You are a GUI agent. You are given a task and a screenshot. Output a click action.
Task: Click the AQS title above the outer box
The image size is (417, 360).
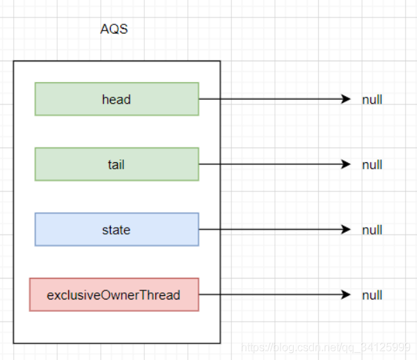[x=114, y=29]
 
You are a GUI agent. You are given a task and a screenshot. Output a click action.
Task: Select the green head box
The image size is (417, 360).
[x=117, y=99]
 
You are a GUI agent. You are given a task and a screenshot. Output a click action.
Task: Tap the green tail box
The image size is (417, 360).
[x=117, y=164]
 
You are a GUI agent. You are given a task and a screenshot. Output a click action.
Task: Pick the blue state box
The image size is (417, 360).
[x=117, y=229]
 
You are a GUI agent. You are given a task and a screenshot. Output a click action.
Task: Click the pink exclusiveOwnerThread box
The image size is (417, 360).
[x=114, y=295]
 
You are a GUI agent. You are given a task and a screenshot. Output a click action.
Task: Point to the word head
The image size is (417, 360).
[x=116, y=100]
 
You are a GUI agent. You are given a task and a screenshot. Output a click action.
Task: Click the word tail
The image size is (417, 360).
[x=116, y=164]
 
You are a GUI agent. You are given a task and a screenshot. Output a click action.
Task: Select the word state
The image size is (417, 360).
[x=116, y=230]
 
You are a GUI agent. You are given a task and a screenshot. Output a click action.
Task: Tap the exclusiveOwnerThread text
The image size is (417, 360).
[x=113, y=295]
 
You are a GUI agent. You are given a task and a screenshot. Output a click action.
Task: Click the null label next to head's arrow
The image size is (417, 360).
[x=372, y=100]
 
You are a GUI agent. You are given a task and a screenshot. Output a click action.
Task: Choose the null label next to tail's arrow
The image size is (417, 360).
[x=372, y=165]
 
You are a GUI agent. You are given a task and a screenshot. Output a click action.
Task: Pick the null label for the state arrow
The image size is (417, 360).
[x=372, y=230]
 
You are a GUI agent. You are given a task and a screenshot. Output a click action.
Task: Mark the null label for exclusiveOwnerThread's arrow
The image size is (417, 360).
[x=372, y=295]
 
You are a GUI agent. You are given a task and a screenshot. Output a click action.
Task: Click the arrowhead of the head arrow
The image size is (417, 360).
[x=346, y=99]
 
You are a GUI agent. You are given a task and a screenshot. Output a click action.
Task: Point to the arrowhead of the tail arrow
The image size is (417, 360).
[x=346, y=164]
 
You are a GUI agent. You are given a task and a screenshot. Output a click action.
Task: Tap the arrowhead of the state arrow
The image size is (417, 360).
[x=346, y=229]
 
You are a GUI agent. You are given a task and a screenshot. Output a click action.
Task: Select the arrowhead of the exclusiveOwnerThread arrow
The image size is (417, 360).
[x=346, y=295]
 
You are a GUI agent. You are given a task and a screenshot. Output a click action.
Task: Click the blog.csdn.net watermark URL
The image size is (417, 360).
[x=326, y=347]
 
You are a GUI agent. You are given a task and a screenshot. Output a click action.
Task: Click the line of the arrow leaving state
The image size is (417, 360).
[x=275, y=229]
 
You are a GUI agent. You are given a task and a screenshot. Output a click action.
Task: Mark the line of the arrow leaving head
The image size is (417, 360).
[x=275, y=99]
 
